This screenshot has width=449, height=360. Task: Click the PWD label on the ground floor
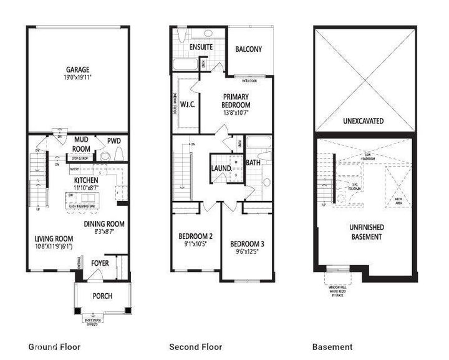tap(113, 140)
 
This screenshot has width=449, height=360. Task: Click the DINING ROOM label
tap(105, 224)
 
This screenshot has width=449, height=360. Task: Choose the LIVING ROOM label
tap(54, 238)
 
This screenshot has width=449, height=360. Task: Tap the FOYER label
tap(100, 263)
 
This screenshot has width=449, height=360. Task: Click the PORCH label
tap(102, 295)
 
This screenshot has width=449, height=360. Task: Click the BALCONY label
tap(249, 49)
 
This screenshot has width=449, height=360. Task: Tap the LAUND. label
tap(222, 168)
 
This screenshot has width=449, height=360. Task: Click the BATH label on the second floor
tap(253, 163)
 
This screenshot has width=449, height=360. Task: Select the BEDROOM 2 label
tap(196, 236)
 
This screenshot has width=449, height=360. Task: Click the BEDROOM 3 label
tap(246, 243)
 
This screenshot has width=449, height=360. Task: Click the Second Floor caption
tap(196, 347)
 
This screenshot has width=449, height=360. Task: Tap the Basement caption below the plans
tap(332, 347)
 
